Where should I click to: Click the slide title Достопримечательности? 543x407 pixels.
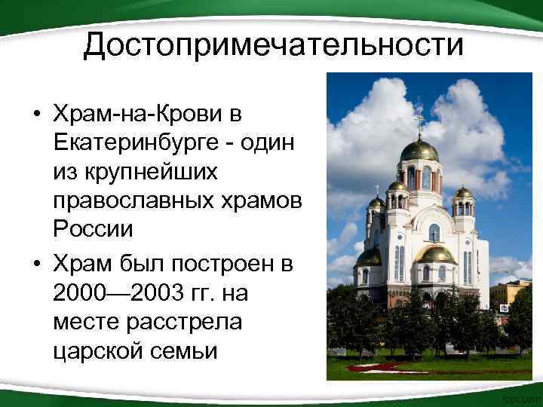coord(273,44)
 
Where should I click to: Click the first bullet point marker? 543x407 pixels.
coord(36,115)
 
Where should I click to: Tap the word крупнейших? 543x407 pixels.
coord(134,172)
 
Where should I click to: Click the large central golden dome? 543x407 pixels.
coord(419,150)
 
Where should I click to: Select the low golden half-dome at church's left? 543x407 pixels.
coord(369,257)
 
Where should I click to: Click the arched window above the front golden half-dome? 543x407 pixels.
coord(434,232)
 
